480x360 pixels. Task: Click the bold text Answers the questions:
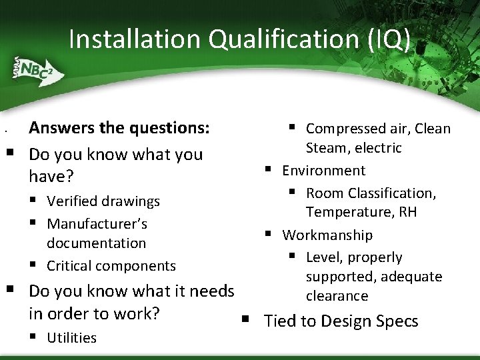tap(119, 127)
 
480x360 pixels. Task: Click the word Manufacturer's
tap(97, 223)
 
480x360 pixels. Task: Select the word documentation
tap(96, 243)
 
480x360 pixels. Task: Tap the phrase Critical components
tap(111, 266)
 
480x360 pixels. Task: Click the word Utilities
tap(71, 338)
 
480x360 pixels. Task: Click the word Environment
tap(323, 171)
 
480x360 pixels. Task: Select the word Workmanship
tap(327, 235)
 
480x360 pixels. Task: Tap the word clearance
tap(337, 296)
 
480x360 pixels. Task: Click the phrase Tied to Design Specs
tap(341, 321)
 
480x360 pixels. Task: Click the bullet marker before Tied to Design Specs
tap(245, 321)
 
